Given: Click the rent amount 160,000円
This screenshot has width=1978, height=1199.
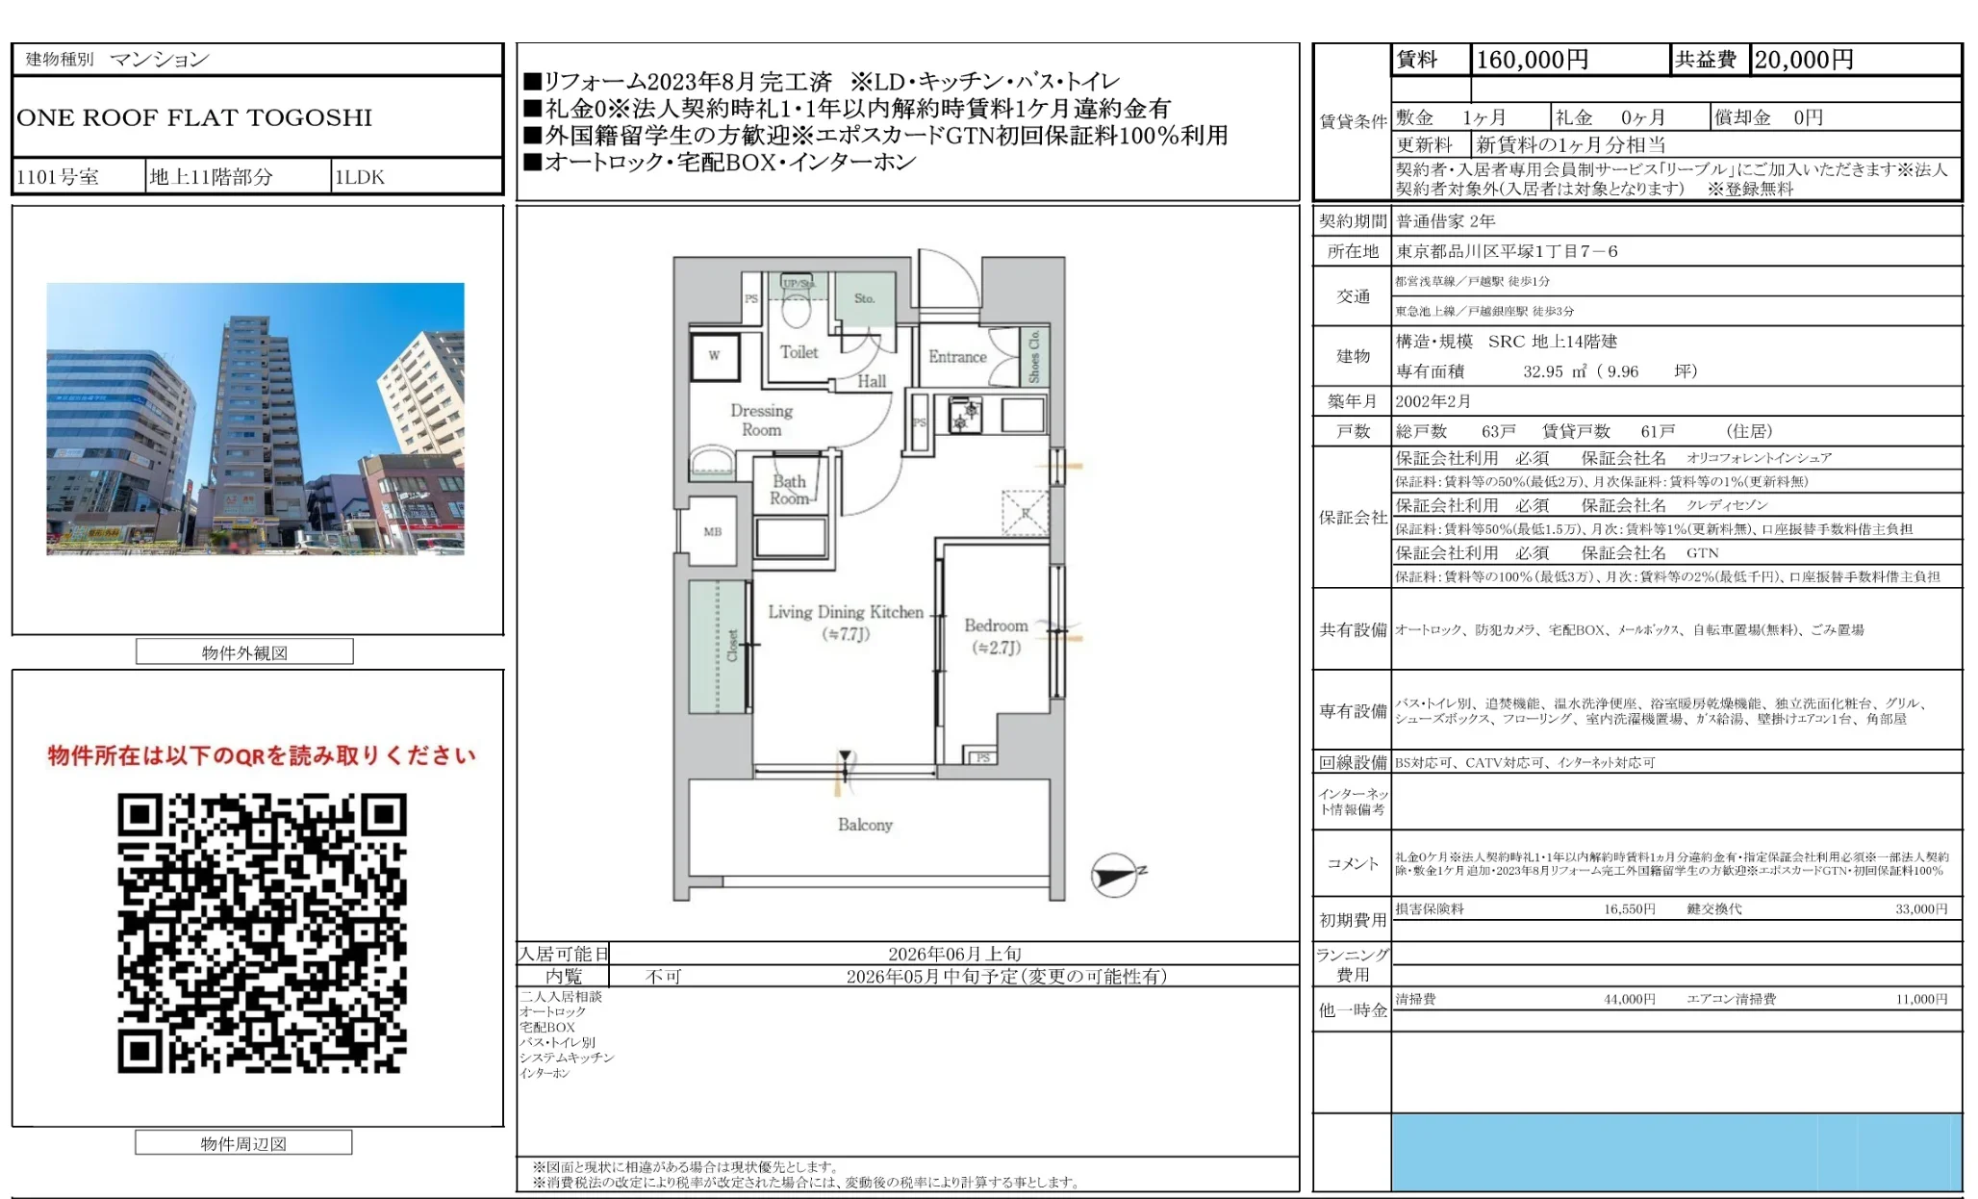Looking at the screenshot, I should pos(1532,60).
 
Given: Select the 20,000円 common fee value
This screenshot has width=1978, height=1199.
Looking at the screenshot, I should pos(1803,60).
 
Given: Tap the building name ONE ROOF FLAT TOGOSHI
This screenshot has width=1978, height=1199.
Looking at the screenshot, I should pos(194,117).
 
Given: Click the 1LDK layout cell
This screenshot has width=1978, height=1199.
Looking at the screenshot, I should pos(360,177).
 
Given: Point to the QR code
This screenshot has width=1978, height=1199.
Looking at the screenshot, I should pos(262,932).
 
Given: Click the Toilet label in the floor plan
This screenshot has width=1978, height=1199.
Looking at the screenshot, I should pos(799,352).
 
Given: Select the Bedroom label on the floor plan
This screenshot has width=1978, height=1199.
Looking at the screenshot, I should pos(996,625).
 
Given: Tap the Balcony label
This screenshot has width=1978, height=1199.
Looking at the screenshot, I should pos(865,825).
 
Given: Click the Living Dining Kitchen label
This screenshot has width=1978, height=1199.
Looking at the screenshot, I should pos(845,612).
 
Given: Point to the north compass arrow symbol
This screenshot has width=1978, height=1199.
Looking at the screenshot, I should pos(1116,876).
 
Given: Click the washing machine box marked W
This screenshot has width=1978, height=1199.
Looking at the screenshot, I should pos(714,356).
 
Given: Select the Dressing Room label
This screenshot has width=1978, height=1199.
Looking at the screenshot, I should pos(761,420).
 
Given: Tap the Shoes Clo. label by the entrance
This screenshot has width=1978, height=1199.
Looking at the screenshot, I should pos(1035,357).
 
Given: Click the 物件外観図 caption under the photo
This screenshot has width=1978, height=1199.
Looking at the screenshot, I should pos(244,652).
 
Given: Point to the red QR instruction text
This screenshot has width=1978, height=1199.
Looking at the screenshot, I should pos(262,755).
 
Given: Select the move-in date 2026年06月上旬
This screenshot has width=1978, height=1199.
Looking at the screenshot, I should pos(953,954).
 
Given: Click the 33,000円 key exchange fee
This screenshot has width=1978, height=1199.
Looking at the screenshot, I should pos(1920,908).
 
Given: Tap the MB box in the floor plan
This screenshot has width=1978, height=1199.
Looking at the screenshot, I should pos(712,531).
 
